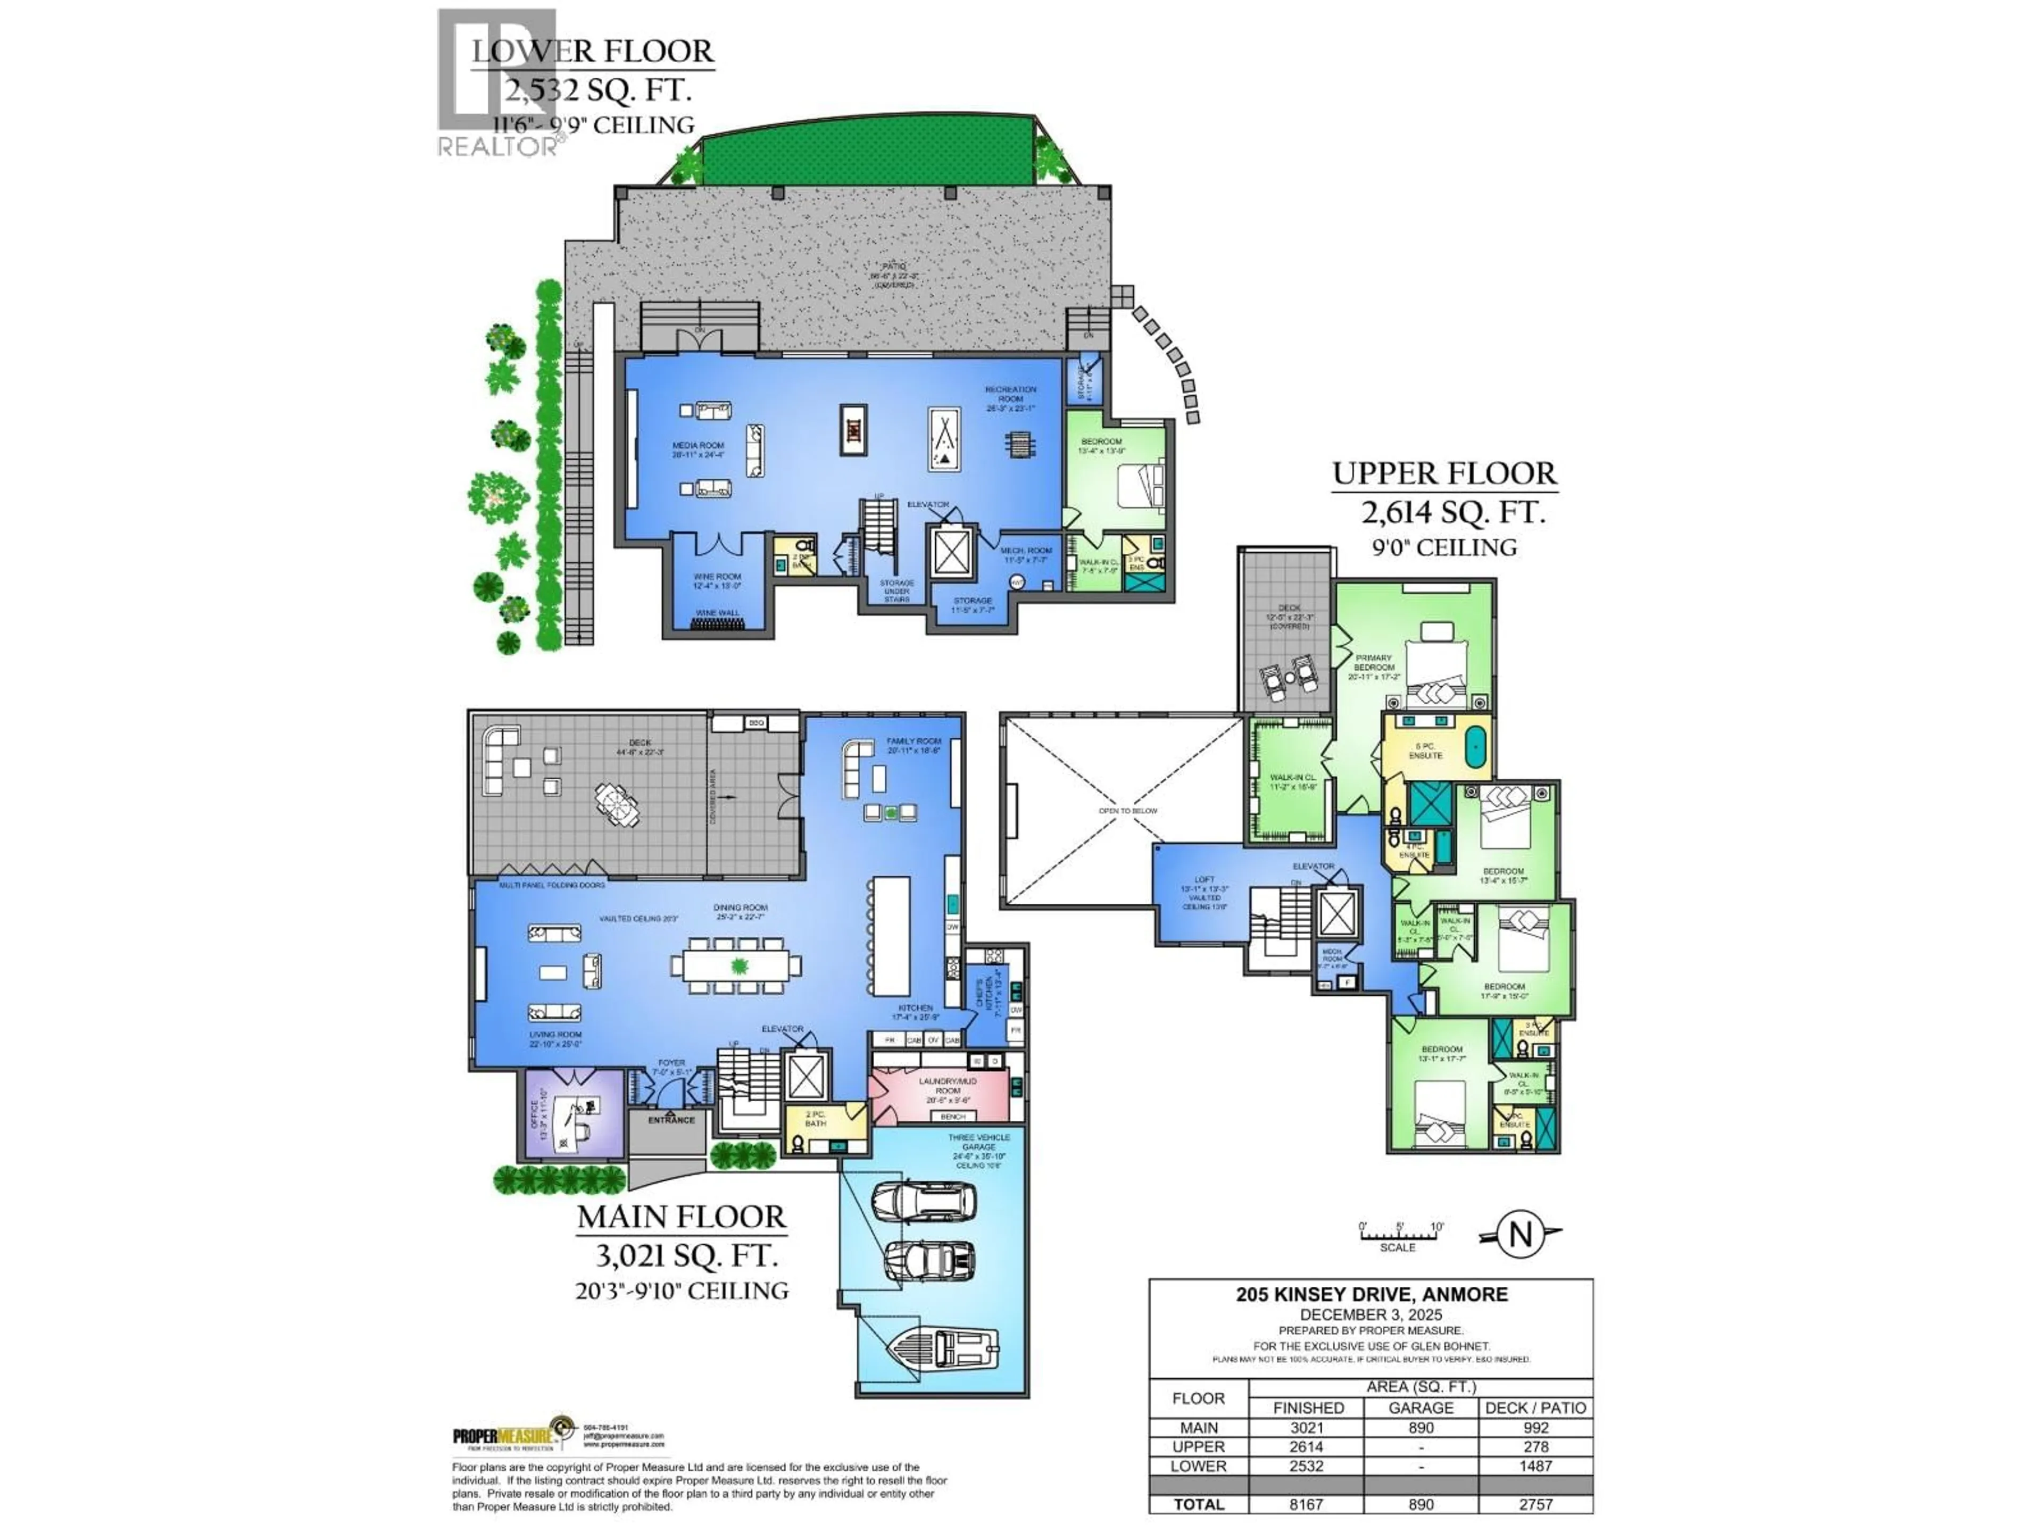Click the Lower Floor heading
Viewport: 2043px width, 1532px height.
pos(593,51)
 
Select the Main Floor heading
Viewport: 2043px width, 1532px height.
pos(682,1217)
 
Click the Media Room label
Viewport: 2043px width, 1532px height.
pos(698,449)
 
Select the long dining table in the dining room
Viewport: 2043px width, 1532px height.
pos(736,966)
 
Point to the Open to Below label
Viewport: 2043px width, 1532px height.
pos(1128,811)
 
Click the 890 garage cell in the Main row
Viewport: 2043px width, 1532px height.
pos(1421,1428)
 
